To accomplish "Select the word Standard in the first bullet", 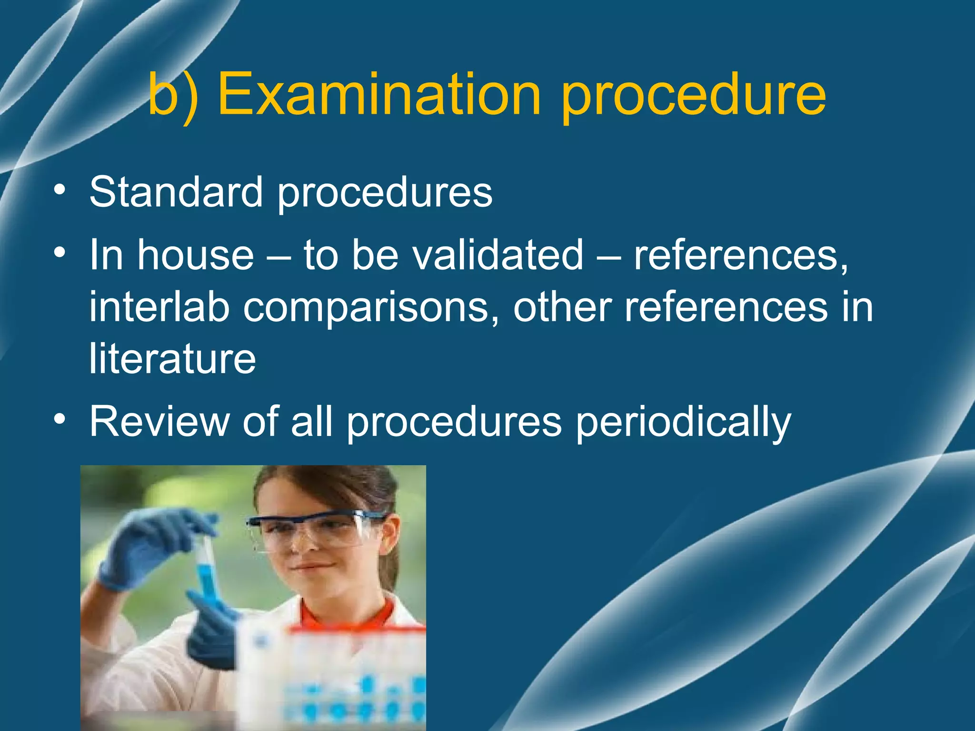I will [x=176, y=192].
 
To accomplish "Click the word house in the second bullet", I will [x=196, y=255].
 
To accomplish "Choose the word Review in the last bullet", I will [x=159, y=421].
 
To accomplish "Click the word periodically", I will [x=683, y=423].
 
